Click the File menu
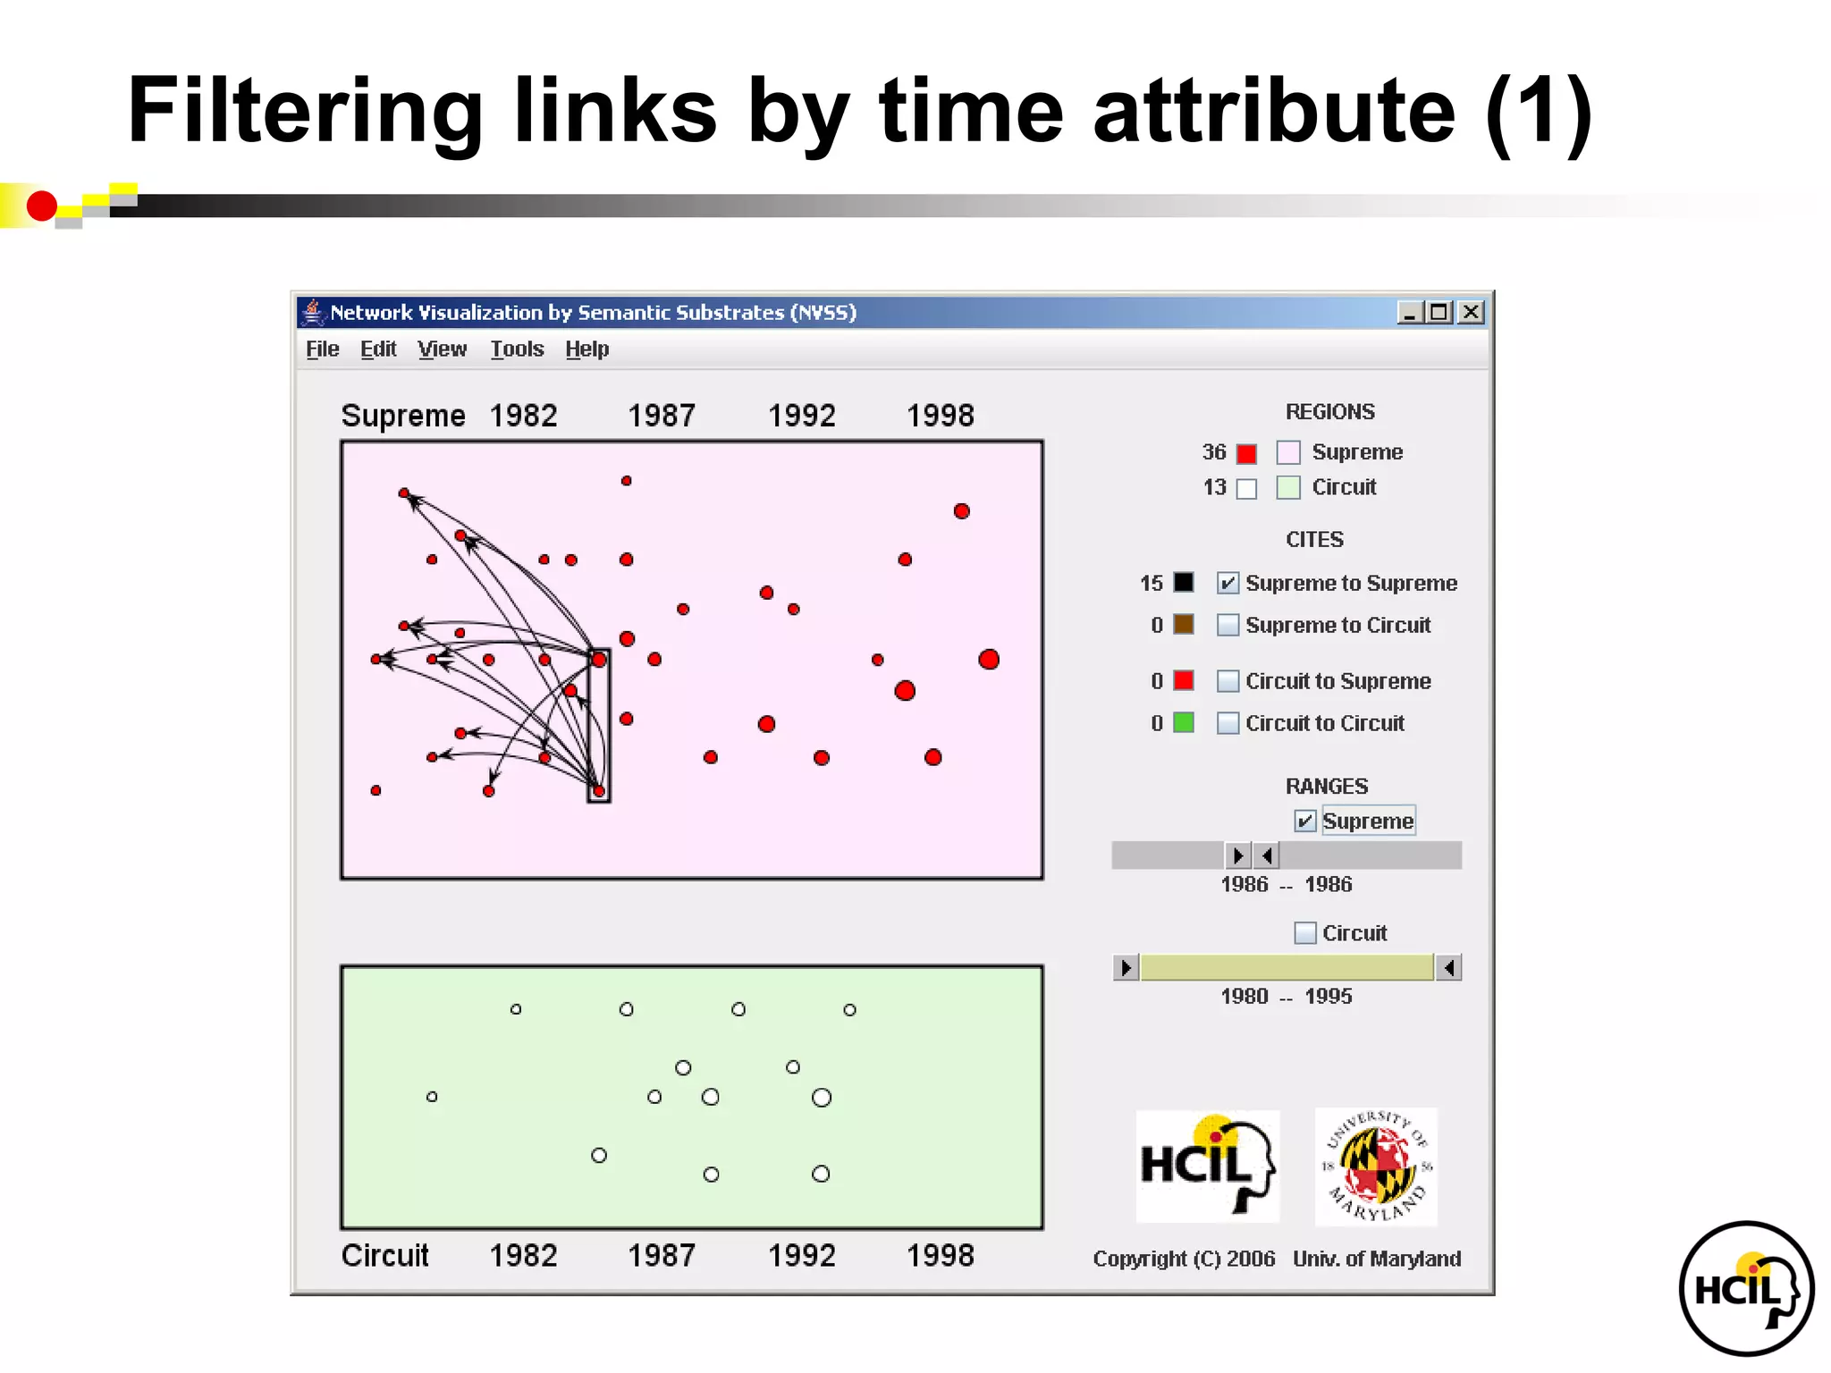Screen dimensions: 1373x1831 click(322, 350)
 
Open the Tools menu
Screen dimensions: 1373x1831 click(517, 350)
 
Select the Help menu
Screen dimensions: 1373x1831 click(586, 350)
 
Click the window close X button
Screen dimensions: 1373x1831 click(1471, 312)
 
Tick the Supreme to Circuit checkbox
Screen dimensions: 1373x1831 click(1228, 625)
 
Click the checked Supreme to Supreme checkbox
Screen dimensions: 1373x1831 click(1228, 583)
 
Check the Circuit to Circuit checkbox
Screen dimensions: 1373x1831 click(1228, 723)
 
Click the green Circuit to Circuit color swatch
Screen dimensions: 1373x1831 click(1184, 722)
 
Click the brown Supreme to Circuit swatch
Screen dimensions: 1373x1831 click(1184, 624)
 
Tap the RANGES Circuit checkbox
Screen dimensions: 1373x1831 click(1305, 933)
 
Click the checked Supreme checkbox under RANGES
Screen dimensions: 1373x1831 click(1305, 821)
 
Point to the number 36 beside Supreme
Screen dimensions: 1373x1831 click(1213, 452)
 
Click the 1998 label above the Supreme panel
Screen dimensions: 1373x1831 click(940, 416)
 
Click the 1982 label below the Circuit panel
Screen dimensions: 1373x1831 click(523, 1256)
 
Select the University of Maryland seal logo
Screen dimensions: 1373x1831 click(1376, 1167)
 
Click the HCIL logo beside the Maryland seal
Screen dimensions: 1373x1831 click(1207, 1167)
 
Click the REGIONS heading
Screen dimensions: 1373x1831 click(1329, 412)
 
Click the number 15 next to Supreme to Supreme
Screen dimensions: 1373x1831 click(1151, 584)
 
